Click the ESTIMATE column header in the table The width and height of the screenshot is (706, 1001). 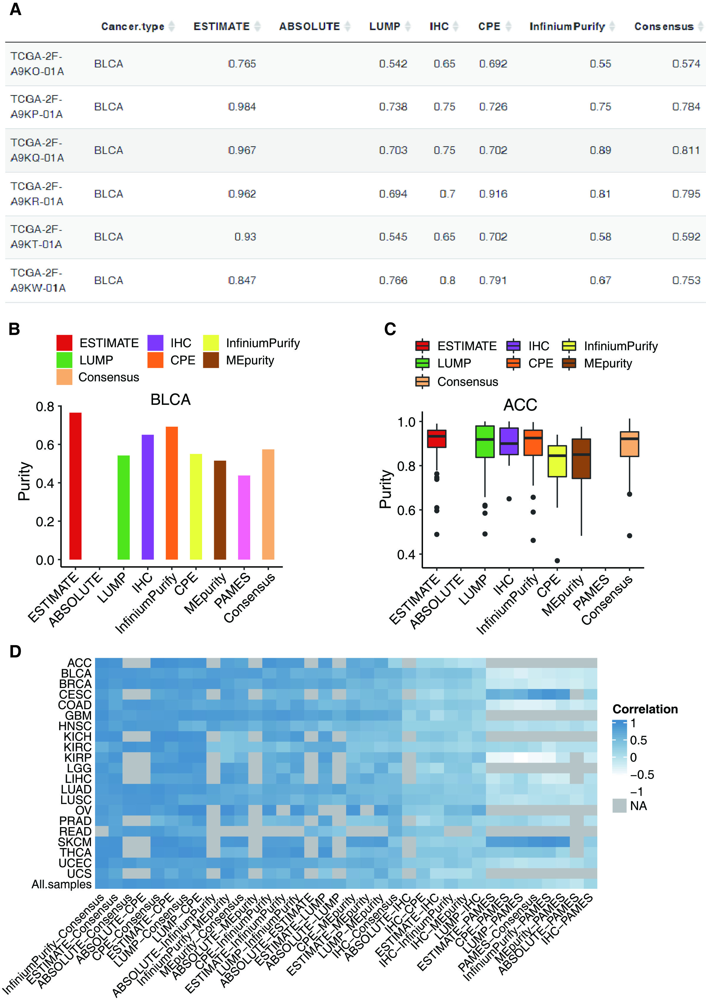pos(222,27)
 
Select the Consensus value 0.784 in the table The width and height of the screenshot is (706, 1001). pos(686,107)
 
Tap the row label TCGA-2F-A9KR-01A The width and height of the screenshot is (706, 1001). pos(37,194)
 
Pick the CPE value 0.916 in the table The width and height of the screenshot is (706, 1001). pos(493,194)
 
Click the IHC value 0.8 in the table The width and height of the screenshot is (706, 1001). pos(448,280)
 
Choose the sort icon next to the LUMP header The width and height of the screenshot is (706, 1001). pos(408,27)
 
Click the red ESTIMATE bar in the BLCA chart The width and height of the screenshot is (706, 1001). pos(75,486)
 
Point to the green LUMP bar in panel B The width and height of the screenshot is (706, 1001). pos(123,507)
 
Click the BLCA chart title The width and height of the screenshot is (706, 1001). pos(170,399)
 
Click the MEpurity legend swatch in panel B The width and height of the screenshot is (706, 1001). pos(211,361)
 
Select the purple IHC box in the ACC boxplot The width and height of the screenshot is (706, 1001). pos(509,441)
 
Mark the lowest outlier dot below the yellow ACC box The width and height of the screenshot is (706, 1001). pos(557,561)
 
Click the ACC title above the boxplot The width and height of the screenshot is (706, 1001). pos(520,405)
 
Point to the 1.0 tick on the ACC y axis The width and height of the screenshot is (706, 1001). pos(406,422)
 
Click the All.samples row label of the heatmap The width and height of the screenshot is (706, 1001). pos(61,884)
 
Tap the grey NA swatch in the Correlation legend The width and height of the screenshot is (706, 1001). pos(619,806)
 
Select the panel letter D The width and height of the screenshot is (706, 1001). pos(15,652)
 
